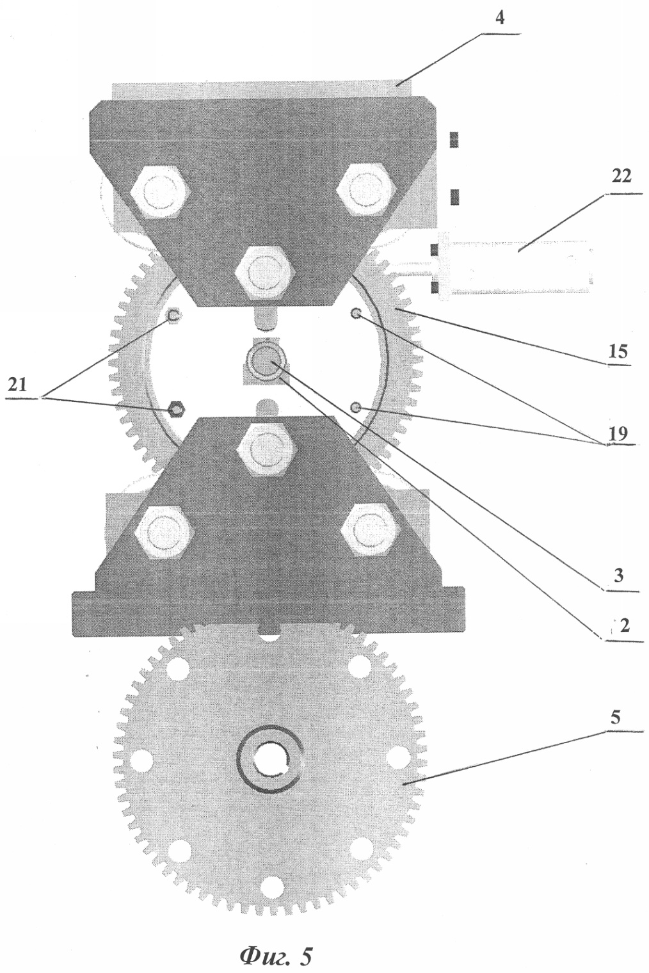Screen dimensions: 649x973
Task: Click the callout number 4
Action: [500, 19]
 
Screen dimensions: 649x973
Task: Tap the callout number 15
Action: [617, 351]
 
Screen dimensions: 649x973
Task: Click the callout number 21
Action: [17, 385]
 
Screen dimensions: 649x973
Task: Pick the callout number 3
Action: [619, 575]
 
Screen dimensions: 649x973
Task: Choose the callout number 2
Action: [624, 626]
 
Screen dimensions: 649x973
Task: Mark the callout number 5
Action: [616, 718]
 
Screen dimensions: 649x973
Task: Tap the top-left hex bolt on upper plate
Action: [160, 190]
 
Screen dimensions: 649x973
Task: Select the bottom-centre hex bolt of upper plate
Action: [265, 273]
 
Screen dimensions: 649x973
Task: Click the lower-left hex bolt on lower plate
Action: [164, 531]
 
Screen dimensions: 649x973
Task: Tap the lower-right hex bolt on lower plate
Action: [370, 530]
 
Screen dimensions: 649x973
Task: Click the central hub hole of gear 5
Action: [269, 758]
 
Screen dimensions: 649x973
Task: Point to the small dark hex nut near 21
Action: [177, 409]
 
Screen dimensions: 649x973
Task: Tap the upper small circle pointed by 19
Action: [357, 313]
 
